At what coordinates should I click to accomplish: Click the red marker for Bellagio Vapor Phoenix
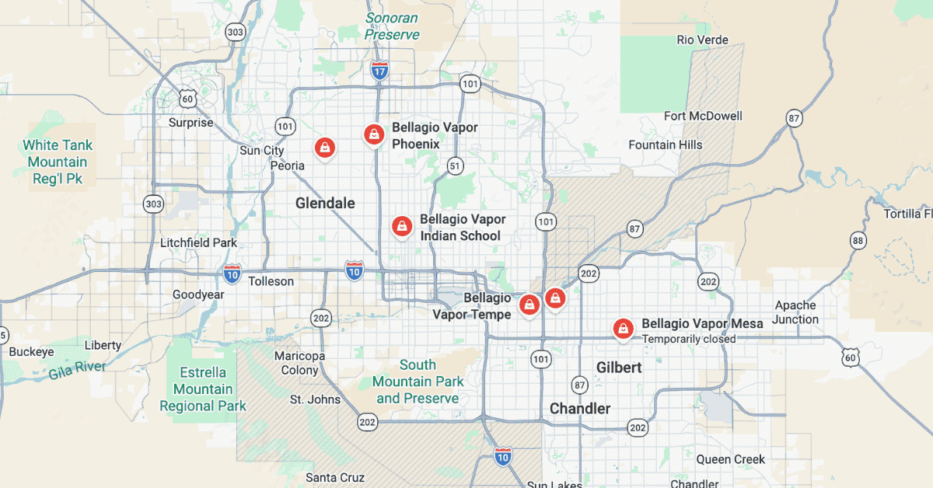point(374,134)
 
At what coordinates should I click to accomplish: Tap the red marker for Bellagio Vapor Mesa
point(622,329)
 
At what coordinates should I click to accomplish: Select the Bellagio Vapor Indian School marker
point(401,226)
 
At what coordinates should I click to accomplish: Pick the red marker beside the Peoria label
point(323,147)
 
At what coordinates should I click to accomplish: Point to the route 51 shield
point(455,166)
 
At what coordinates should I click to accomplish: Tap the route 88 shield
point(858,241)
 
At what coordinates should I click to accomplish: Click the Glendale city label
point(325,204)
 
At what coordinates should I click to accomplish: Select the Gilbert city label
point(619,368)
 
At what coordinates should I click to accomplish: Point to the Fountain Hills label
point(665,145)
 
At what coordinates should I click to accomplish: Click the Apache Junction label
point(796,312)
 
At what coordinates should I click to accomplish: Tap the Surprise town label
point(190,123)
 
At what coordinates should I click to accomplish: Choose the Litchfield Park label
point(198,242)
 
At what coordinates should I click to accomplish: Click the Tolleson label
point(271,281)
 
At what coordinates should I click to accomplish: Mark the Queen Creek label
point(730,459)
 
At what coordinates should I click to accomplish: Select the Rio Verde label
point(702,40)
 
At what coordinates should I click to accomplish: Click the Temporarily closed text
point(688,339)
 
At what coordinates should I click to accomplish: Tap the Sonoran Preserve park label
point(392,26)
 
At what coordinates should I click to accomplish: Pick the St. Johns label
point(315,399)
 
